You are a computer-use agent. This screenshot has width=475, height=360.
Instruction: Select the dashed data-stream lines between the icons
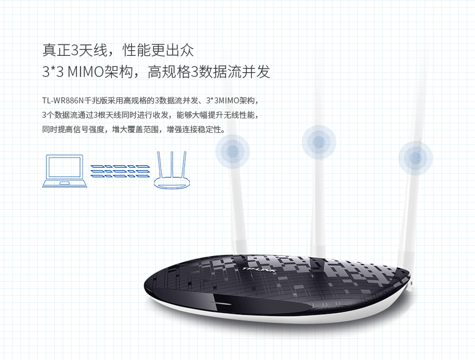(x=120, y=171)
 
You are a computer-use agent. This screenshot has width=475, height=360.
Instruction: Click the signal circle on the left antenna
(x=232, y=150)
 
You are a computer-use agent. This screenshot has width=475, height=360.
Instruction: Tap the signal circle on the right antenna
(x=414, y=157)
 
